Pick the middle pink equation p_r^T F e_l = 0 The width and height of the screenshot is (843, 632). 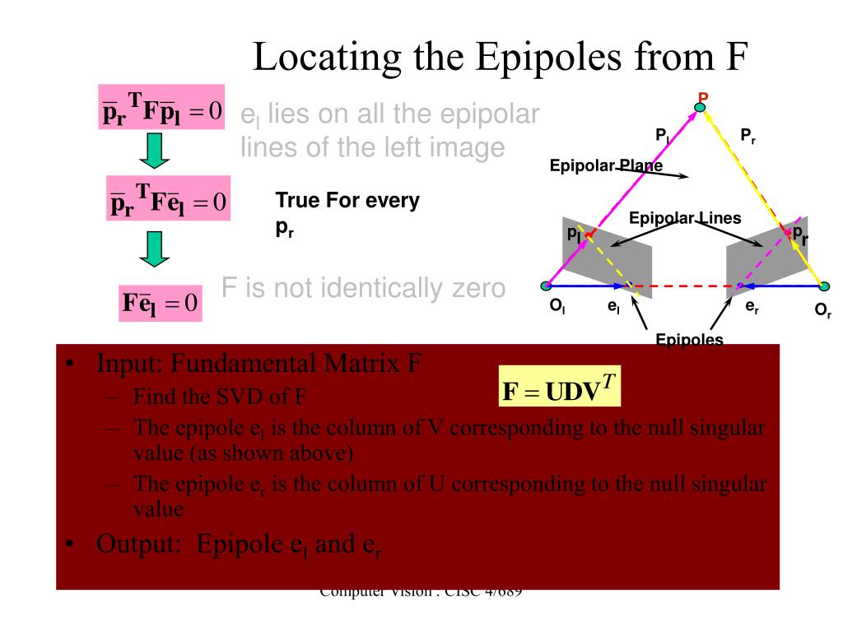click(169, 199)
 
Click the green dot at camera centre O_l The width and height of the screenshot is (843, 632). click(545, 286)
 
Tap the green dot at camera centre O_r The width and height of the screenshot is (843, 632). click(825, 286)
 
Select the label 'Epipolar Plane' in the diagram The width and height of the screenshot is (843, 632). click(606, 167)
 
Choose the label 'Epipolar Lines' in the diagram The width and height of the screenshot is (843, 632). click(685, 218)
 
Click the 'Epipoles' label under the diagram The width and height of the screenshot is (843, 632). click(689, 340)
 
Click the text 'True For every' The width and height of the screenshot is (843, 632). click(347, 200)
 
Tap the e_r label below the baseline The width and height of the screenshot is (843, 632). click(752, 307)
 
